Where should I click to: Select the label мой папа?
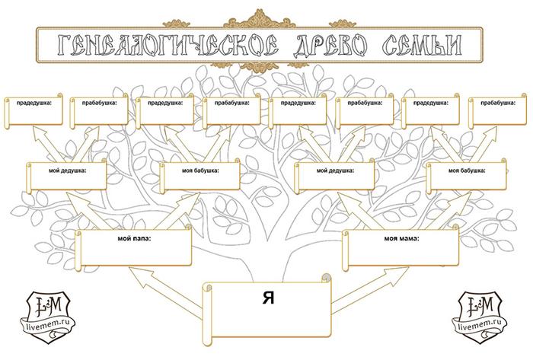point(136,238)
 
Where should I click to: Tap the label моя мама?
point(401,238)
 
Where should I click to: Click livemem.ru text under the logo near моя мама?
point(484,332)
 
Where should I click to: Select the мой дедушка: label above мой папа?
point(69,170)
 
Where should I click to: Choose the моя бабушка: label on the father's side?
point(200,170)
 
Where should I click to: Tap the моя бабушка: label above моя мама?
point(467,170)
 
